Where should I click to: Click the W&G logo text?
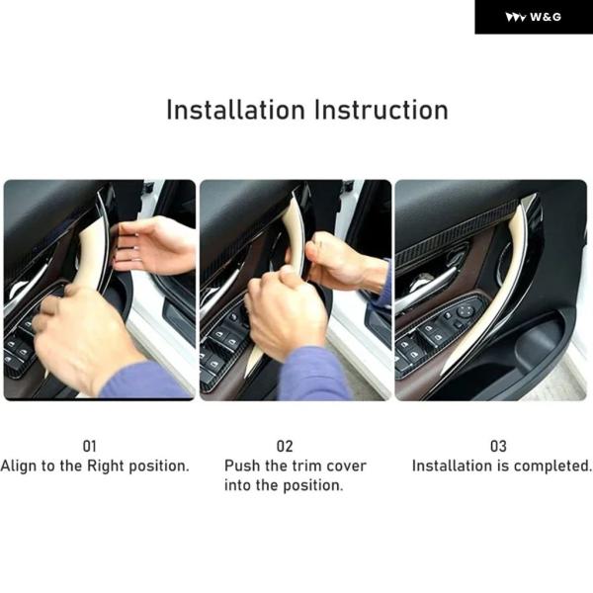546,17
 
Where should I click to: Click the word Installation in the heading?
235,110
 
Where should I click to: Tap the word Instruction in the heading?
381,110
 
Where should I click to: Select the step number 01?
90,447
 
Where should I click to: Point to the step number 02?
285,447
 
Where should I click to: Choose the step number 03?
498,447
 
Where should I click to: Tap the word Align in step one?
19,466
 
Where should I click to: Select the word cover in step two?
346,466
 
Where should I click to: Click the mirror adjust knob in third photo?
465,312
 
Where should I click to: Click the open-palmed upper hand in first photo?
153,245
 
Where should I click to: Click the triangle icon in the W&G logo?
516,18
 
